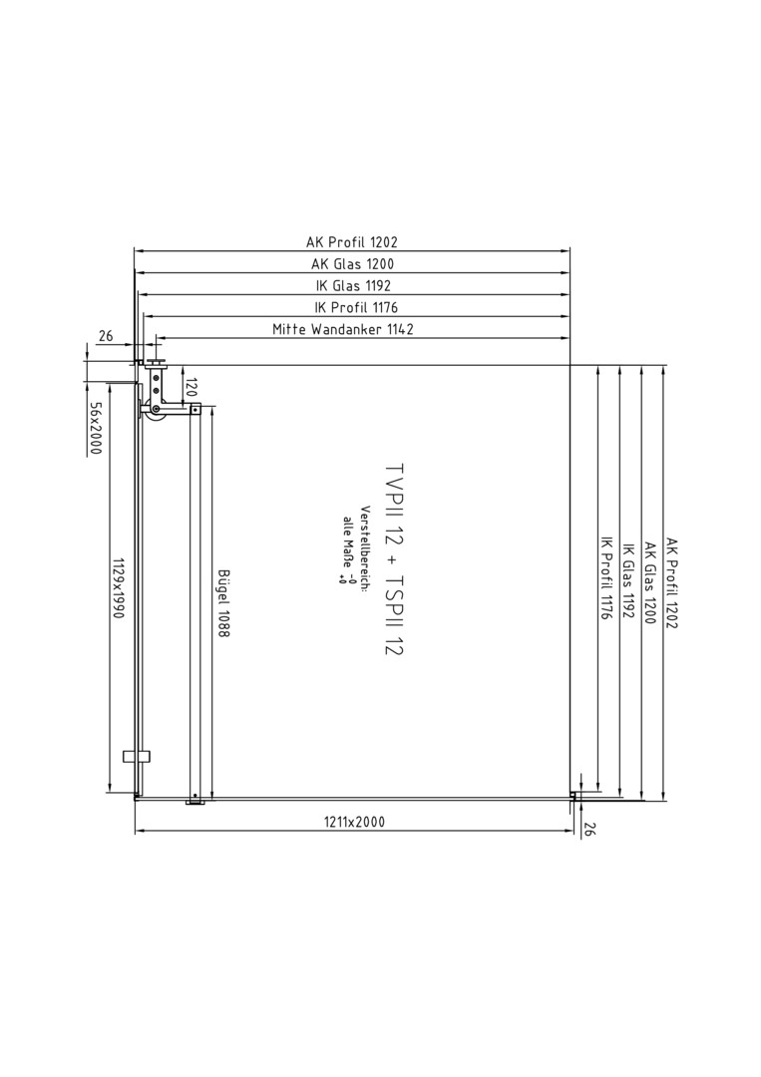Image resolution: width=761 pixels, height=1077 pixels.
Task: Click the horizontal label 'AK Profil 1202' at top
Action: tap(352, 241)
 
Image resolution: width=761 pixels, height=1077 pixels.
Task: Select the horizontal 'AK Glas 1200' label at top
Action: tap(353, 263)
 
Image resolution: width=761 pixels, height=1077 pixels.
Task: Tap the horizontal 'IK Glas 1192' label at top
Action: tap(354, 286)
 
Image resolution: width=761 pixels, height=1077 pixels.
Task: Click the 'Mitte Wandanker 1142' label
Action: tap(343, 329)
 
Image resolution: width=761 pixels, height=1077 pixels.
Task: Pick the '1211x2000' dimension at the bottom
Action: tap(354, 822)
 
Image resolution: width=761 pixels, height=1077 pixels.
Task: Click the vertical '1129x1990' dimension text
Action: tap(117, 588)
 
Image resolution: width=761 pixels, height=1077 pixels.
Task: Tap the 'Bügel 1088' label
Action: tap(223, 603)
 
